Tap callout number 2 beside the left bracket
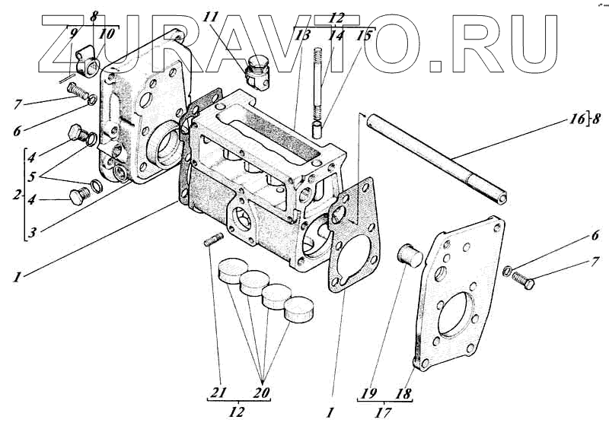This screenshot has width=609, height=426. [x=15, y=195]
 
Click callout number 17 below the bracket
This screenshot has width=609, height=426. [x=384, y=414]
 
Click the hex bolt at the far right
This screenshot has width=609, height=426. [x=524, y=279]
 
